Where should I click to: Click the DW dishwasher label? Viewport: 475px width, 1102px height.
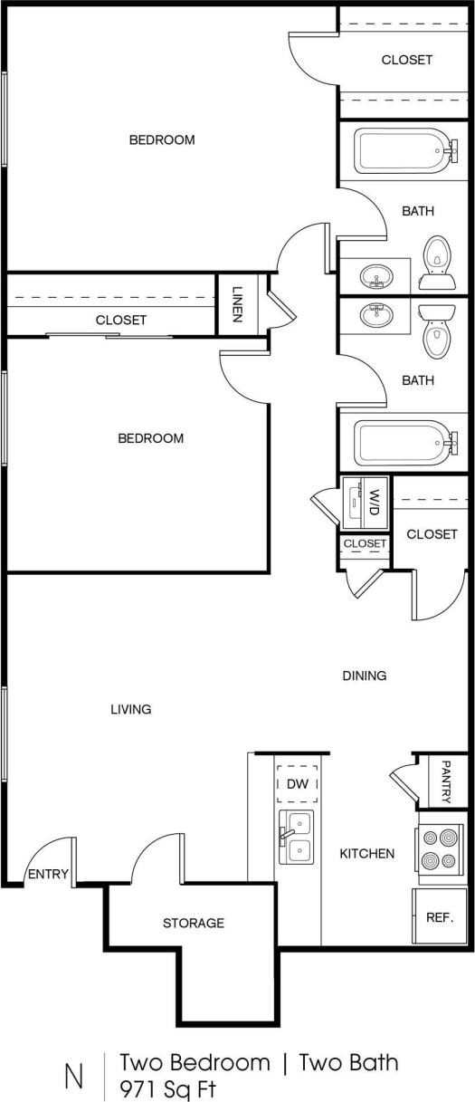pos(297,785)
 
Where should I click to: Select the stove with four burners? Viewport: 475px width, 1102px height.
pos(442,854)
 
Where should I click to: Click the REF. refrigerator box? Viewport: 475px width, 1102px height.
pos(440,916)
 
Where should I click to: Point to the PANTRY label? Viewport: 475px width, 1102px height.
pos(446,781)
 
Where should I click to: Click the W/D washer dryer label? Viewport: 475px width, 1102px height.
pos(374,501)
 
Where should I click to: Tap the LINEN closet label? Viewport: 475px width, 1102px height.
pos(237,303)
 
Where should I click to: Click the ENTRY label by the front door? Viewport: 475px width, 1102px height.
pos(47,874)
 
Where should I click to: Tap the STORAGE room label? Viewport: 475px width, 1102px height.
pos(193,923)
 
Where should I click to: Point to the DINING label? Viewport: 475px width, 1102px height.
pos(365,676)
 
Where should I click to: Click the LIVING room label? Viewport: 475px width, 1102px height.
pos(130,709)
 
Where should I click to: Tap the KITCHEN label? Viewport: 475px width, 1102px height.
pos(366,853)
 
